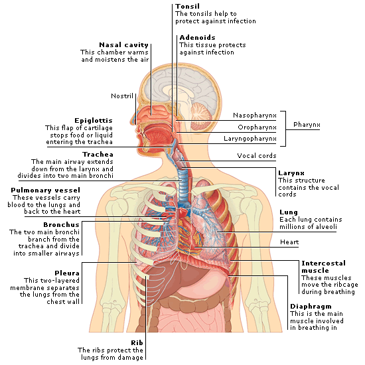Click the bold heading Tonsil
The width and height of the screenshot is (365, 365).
coord(187,6)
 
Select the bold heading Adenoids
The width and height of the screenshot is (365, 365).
coord(197,37)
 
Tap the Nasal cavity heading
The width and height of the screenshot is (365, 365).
coord(123,45)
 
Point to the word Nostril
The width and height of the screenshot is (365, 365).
coord(122,96)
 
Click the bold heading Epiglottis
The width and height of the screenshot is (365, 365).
coord(94,121)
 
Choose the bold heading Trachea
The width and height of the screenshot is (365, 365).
coord(98,155)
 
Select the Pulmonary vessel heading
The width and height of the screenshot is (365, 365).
coord(45,190)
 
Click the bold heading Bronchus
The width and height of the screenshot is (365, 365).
coord(62,224)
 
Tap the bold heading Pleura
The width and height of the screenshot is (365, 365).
coord(67,273)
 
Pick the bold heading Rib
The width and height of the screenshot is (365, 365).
coord(137,342)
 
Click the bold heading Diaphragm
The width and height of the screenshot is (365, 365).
coord(311,307)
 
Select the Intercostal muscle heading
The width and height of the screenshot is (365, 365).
coord(324,267)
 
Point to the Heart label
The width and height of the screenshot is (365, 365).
coord(289,242)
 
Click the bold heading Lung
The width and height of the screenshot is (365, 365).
coord(289,212)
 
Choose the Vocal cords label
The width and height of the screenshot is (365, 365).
coord(257,156)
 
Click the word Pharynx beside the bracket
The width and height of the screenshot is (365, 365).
coord(307,125)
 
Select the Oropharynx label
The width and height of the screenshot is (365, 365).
coord(257,127)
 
